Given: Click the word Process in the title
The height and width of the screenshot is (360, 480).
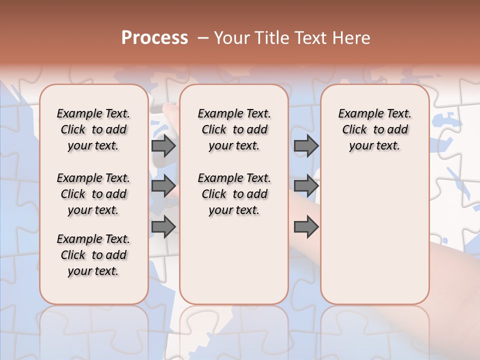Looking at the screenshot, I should click(154, 37).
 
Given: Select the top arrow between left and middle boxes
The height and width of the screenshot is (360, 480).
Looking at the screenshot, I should click(163, 146).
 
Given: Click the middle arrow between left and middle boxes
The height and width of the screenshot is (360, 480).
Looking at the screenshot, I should click(163, 186).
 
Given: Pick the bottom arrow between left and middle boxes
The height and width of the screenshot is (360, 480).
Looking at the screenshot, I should click(163, 227).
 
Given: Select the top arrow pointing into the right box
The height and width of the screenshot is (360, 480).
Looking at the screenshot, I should click(306, 146).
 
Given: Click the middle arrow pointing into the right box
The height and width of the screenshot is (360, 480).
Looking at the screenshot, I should click(306, 186).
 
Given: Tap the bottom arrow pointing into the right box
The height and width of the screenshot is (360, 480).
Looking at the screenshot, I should click(306, 227).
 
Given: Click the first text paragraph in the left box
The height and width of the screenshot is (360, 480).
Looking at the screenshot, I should click(93, 129).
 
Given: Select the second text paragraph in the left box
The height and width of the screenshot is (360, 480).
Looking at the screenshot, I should click(93, 194).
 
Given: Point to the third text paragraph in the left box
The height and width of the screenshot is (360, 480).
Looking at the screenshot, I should click(93, 255).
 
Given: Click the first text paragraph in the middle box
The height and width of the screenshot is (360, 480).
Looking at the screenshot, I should click(234, 129).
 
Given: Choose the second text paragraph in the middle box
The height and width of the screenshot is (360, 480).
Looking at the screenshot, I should click(234, 194).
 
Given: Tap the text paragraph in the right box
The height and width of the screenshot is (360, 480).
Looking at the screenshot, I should click(374, 129).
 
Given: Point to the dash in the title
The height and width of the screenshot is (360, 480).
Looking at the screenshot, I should click(202, 38).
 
